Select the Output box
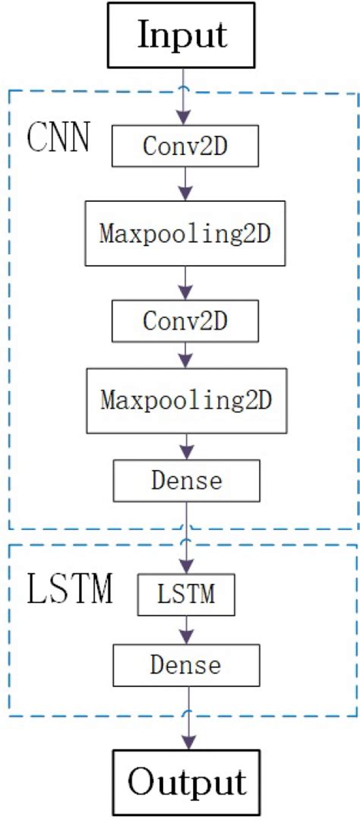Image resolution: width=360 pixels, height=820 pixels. [x=187, y=781]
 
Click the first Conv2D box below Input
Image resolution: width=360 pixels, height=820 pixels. [x=186, y=146]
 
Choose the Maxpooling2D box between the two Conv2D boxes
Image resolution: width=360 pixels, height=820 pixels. [x=186, y=233]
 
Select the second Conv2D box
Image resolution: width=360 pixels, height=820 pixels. [x=186, y=320]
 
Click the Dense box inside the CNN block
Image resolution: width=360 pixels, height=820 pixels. [x=186, y=480]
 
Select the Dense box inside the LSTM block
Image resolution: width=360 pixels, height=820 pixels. [x=186, y=665]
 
